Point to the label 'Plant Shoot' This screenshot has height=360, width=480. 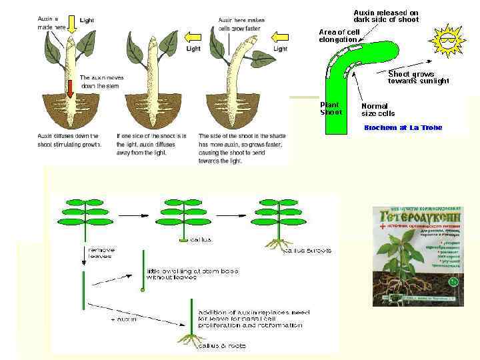pyautogui.click(x=331, y=108)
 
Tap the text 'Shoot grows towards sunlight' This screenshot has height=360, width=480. pyautogui.click(x=419, y=77)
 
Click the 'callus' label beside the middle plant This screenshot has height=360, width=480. pyautogui.click(x=202, y=237)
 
